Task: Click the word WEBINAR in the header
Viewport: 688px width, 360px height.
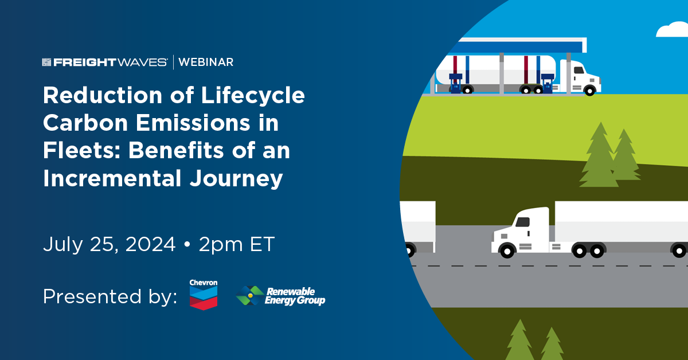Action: (206, 62)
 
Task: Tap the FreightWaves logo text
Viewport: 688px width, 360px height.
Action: (105, 62)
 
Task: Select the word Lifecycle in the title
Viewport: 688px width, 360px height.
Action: (253, 95)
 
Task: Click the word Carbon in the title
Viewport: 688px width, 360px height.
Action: (85, 123)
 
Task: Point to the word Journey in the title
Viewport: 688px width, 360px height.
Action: (236, 178)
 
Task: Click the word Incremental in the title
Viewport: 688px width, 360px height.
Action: (112, 178)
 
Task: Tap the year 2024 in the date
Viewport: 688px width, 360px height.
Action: (150, 245)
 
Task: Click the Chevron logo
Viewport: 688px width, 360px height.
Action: (204, 294)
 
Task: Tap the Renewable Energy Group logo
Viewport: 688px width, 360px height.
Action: (280, 296)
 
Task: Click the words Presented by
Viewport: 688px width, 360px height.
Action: (110, 297)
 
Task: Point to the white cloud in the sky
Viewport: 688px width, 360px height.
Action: (673, 30)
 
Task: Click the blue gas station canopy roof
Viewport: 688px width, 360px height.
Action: (519, 45)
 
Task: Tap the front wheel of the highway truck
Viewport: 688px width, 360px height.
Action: (507, 251)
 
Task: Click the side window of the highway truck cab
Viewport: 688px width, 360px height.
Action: (522, 222)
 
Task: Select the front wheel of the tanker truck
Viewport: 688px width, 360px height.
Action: (590, 91)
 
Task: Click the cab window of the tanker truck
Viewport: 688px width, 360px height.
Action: (579, 70)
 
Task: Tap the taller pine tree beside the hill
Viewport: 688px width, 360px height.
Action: (599, 155)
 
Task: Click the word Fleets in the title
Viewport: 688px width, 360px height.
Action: (81, 151)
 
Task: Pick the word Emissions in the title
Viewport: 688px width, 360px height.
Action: (193, 123)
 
